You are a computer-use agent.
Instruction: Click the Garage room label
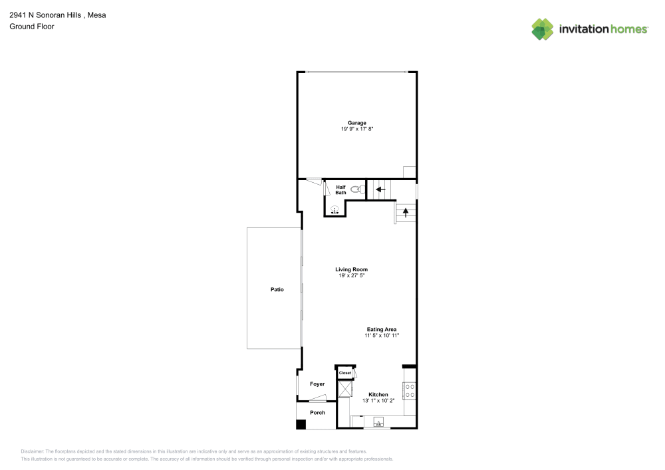coord(356,123)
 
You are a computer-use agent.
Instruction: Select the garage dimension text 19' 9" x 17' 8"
coord(356,129)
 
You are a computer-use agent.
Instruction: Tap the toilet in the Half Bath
coord(356,189)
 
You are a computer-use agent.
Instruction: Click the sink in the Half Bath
coord(335,209)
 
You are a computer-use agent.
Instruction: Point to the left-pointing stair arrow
coord(380,189)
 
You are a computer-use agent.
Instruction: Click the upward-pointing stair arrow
coord(406,213)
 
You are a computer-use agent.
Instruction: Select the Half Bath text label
coord(340,190)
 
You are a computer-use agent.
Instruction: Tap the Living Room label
coord(351,269)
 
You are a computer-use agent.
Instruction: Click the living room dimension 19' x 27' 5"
coord(351,275)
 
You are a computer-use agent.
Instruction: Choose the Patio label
coord(277,289)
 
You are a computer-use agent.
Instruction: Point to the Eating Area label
coord(382,329)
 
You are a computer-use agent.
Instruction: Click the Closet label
coord(345,373)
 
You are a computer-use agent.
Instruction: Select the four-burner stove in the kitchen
coord(410,391)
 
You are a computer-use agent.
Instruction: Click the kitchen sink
coord(378,422)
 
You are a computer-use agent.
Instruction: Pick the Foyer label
coord(317,384)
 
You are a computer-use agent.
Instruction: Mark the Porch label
coord(318,412)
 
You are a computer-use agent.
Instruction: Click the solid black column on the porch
coord(301,423)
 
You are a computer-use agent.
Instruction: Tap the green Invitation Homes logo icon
coord(543,29)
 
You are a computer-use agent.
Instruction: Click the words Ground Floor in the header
coord(32,27)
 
